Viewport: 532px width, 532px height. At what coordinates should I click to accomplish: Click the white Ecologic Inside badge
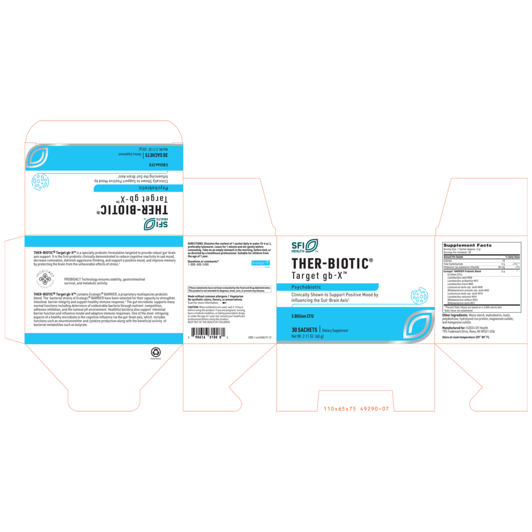click(x=261, y=263)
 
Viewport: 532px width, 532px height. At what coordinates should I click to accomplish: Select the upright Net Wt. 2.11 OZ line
click(x=308, y=336)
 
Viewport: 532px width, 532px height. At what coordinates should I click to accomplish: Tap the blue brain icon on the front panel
click(x=419, y=295)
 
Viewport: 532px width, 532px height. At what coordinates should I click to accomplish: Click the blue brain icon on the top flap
click(x=40, y=181)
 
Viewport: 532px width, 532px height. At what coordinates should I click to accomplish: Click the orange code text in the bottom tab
click(x=355, y=409)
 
